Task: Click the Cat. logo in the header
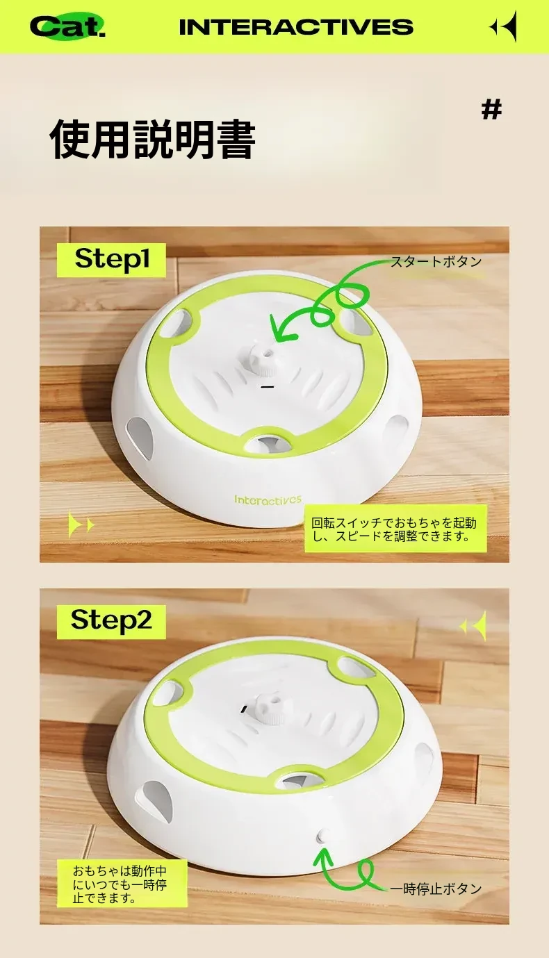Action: [67, 26]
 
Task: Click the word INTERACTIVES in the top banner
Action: [296, 27]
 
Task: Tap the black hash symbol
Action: [491, 110]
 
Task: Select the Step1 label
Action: [112, 259]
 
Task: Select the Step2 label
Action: [111, 621]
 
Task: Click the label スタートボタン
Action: [436, 261]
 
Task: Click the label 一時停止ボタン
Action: [436, 889]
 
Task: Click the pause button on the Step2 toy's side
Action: [323, 836]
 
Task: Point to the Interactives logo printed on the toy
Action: [268, 499]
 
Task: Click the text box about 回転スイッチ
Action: [396, 529]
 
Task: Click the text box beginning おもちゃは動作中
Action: [122, 884]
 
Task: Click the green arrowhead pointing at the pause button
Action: [325, 856]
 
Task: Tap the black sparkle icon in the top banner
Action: [503, 26]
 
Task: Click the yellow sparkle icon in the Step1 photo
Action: [81, 525]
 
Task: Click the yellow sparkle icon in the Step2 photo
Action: [473, 626]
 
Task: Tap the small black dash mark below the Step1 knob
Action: [267, 387]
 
